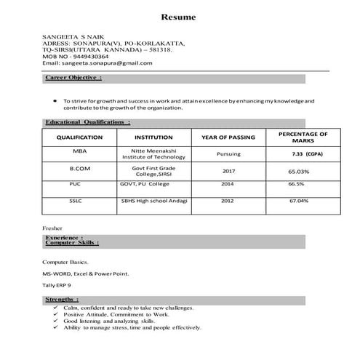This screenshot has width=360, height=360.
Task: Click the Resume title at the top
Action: coord(178,16)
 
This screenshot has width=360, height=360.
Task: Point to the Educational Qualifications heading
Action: coord(82,122)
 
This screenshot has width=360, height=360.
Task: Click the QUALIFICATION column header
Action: coord(79,137)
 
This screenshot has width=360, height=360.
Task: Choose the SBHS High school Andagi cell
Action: coord(154,200)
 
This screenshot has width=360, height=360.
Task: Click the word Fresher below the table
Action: coord(53,228)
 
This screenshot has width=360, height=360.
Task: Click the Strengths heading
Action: coord(62,299)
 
